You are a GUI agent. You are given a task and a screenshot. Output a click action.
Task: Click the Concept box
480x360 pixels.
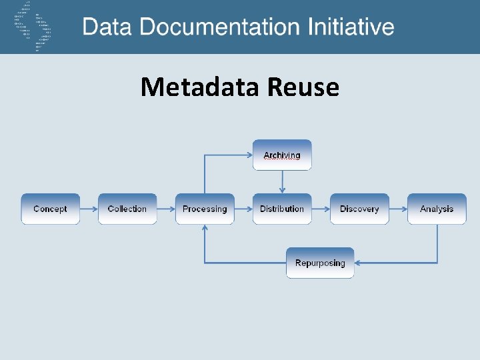click(x=50, y=209)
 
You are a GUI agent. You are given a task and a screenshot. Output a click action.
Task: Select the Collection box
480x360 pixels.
click(x=127, y=209)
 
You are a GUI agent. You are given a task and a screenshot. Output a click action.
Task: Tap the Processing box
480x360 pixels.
click(x=205, y=209)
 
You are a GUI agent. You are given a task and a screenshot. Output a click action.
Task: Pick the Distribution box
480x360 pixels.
click(x=282, y=209)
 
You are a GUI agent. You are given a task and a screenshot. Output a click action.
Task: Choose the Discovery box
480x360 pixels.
click(x=359, y=209)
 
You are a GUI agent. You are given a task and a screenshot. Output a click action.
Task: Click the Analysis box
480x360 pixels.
click(x=437, y=209)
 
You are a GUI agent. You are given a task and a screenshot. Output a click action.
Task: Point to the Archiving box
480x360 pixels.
click(x=282, y=155)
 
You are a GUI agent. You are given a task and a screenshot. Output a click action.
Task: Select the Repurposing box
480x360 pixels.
click(x=320, y=263)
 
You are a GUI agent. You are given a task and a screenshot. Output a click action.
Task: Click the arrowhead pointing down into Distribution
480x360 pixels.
click(x=282, y=189)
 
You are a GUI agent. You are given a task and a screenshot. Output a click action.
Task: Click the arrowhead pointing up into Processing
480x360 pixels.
click(x=205, y=228)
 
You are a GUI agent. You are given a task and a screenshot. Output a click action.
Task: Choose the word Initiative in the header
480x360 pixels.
click(x=351, y=27)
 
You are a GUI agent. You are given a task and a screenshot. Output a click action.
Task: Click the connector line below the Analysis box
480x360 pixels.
click(x=437, y=243)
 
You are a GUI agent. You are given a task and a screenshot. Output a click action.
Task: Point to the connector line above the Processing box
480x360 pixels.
click(x=205, y=173)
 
